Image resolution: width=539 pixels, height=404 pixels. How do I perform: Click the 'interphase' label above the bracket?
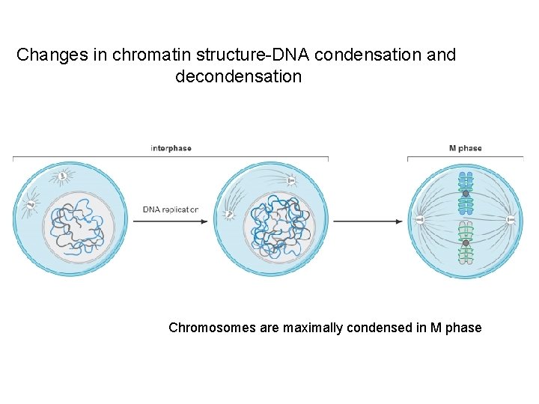tap(171, 148)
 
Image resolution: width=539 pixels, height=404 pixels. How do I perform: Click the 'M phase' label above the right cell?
tap(465, 148)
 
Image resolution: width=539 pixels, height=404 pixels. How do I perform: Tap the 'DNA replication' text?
tap(171, 209)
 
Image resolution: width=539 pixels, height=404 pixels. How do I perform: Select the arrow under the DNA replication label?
tap(171, 221)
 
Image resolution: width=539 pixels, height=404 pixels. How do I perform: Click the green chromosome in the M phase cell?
tap(466, 243)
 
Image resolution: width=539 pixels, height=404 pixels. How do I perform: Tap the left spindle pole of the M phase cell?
tap(419, 220)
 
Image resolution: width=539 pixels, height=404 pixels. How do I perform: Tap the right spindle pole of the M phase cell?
tap(511, 220)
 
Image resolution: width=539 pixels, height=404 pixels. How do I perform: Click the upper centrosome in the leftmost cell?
tap(62, 177)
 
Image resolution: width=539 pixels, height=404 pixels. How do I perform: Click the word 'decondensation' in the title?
tap(238, 76)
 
